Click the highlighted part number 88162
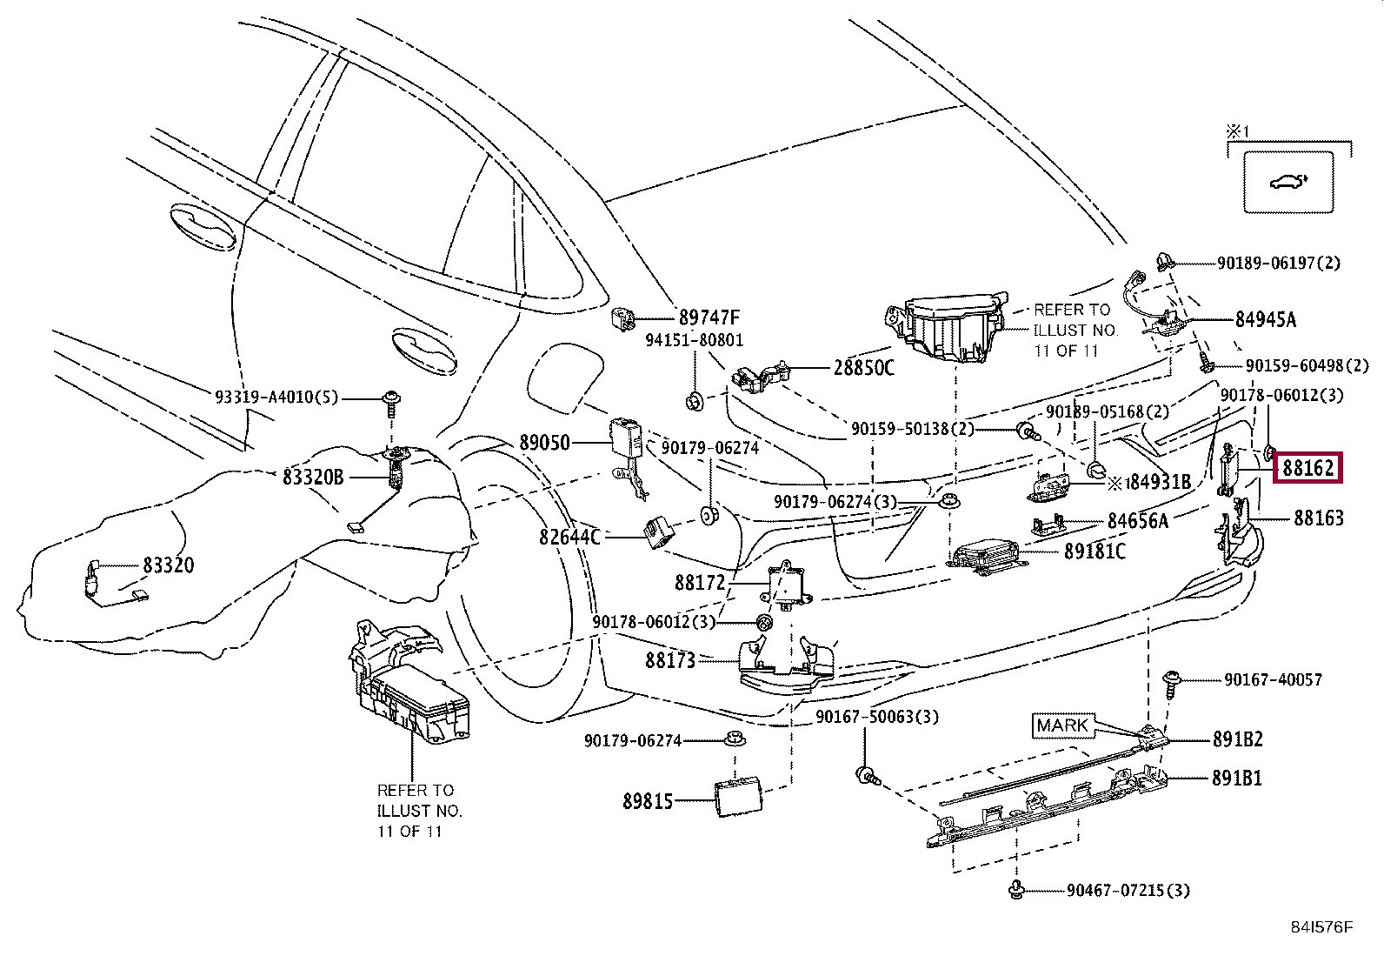[1308, 469]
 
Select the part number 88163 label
[1318, 518]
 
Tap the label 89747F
[709, 318]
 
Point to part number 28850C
[863, 368]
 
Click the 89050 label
[545, 443]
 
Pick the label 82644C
[569, 537]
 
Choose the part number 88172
[699, 581]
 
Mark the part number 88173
[670, 660]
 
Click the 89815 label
[648, 801]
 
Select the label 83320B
[313, 477]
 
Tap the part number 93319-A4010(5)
[276, 398]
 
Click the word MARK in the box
[1061, 725]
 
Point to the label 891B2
[1237, 739]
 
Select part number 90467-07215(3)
[1128, 891]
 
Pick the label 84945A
[1265, 320]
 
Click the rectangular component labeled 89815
[738, 795]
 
